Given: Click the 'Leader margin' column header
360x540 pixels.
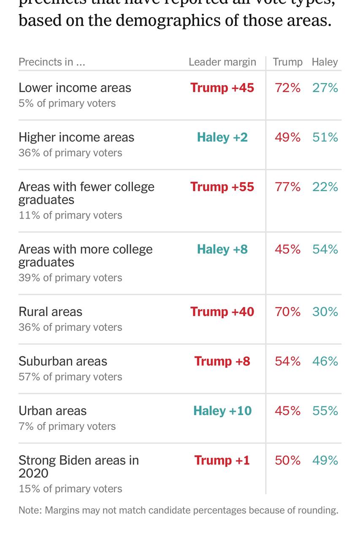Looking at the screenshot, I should [222, 62].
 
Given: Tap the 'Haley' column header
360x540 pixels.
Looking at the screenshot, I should [325, 62].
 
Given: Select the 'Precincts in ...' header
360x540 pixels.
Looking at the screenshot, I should [52, 62].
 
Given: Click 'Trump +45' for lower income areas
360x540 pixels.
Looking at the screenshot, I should [222, 88].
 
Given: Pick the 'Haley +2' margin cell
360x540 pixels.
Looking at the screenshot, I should [222, 137].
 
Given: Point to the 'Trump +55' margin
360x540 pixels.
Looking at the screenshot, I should [222, 187].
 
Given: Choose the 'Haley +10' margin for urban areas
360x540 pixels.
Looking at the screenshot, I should [222, 411].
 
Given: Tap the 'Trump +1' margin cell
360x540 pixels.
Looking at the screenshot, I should [222, 460].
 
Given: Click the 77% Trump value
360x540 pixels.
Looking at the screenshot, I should [287, 187].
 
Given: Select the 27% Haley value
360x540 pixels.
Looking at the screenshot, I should [325, 88].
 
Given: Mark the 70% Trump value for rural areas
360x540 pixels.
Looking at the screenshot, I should [287, 312].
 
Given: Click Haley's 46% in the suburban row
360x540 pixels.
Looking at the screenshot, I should [325, 361].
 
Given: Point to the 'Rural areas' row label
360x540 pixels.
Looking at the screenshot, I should [50, 312].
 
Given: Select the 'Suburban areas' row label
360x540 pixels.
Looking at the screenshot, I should [63, 361].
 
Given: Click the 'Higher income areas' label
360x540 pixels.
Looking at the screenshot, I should [76, 137].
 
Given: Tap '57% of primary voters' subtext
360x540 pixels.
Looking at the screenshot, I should [70, 377].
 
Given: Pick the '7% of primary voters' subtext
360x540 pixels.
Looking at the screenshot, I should [67, 426].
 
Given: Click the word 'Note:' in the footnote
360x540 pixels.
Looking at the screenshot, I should [30, 510].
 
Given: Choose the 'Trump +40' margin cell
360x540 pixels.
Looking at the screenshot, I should [222, 312].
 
